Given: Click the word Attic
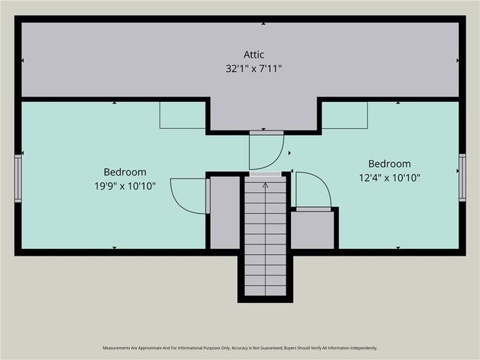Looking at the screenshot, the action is (x=253, y=55).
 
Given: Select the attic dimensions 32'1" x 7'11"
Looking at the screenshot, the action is (x=253, y=68).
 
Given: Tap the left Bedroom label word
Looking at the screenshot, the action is (x=125, y=172).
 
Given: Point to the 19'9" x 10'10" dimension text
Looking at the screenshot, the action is (x=125, y=186).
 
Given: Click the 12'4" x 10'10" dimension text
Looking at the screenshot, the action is (x=389, y=178).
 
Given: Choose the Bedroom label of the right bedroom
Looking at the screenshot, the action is (x=389, y=163).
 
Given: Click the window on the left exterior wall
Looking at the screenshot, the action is (x=18, y=178).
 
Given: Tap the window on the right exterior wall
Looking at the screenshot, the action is (x=462, y=178).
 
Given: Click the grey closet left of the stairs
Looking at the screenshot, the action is (x=225, y=212).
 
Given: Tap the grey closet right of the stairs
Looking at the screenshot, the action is (x=312, y=230).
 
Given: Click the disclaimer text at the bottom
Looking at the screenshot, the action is (x=240, y=348).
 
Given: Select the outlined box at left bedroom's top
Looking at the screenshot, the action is (x=182, y=115).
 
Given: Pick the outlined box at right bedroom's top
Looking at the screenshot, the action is (x=345, y=115).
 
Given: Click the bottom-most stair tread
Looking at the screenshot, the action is (x=265, y=290).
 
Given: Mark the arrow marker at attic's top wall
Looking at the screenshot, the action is (x=263, y=23).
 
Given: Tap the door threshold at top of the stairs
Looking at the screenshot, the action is (x=265, y=174).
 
